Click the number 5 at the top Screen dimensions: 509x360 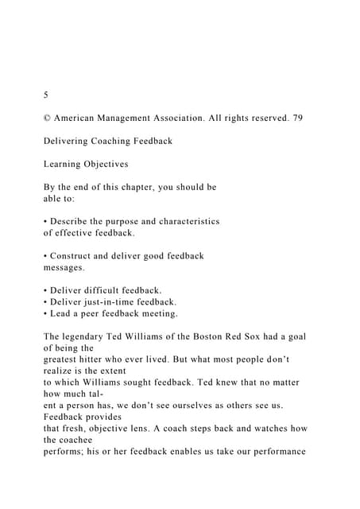46,95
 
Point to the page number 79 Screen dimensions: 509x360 296,119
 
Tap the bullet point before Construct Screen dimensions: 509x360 45,256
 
